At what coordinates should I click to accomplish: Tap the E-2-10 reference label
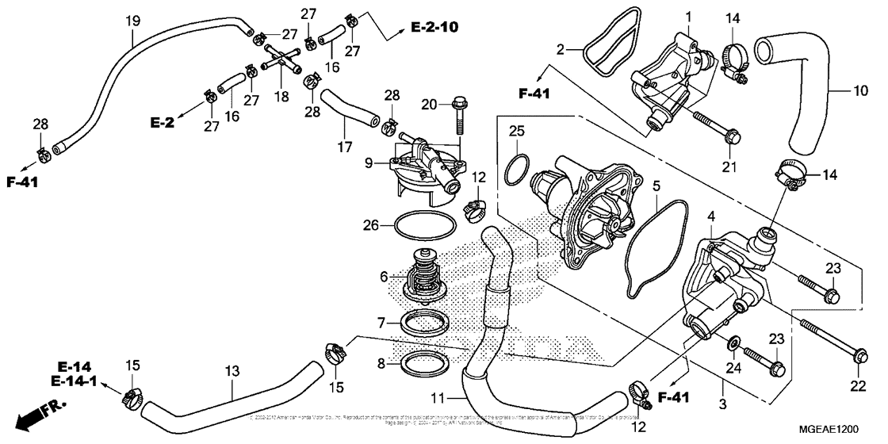tap(434, 28)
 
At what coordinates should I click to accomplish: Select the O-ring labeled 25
tap(517, 166)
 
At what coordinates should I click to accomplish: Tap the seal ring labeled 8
tap(420, 363)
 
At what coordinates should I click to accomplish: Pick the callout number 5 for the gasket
tap(656, 186)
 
